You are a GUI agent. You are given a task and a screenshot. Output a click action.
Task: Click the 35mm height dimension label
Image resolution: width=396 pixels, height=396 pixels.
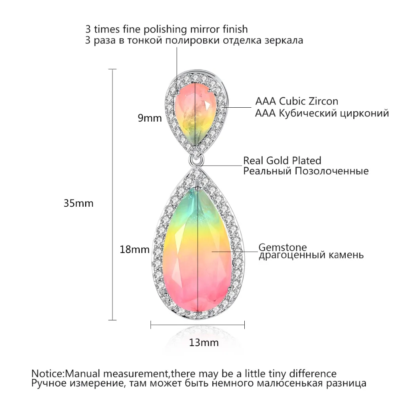78,203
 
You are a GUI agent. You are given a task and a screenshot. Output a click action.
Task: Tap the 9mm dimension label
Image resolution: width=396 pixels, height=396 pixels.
150,118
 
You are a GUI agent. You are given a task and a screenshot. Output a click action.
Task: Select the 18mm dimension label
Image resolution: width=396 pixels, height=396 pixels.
135,249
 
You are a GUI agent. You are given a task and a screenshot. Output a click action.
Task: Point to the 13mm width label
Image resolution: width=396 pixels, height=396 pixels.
204,343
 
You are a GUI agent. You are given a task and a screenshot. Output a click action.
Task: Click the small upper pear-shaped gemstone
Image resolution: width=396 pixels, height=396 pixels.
195,114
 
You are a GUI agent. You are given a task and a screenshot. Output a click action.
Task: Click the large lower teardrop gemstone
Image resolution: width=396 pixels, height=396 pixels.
198,250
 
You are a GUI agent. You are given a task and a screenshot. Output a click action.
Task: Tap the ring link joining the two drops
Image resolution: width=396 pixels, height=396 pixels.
196,160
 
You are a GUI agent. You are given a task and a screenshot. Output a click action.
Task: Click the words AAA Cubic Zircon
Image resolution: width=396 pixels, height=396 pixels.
297,101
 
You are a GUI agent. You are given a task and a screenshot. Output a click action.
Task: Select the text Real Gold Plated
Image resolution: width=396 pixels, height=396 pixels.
282,161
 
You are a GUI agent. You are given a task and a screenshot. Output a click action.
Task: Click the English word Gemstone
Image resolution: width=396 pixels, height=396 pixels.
283,247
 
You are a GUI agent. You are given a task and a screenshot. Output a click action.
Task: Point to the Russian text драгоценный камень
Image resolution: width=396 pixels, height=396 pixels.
311,255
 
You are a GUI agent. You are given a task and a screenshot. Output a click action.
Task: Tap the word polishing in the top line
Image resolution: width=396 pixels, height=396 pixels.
166,30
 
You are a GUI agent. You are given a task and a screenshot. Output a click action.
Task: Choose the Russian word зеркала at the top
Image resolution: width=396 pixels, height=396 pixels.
284,40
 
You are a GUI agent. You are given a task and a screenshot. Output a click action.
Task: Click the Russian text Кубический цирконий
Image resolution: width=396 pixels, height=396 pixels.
334,113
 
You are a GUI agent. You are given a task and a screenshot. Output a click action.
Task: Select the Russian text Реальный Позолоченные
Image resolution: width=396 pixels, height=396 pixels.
306,171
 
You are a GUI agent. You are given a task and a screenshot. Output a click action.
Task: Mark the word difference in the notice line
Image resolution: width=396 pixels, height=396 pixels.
313,373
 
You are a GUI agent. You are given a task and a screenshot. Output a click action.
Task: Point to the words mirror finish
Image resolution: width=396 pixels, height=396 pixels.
219,29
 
